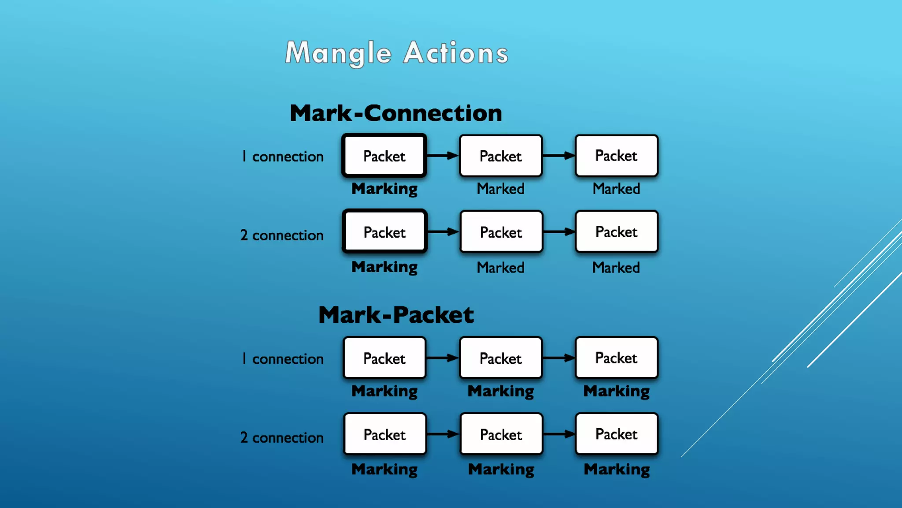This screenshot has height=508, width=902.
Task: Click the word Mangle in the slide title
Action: point(338,53)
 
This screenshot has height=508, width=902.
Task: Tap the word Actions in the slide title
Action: point(456,53)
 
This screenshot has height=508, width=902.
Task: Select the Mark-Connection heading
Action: point(396,113)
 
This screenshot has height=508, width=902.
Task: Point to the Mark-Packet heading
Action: point(396,315)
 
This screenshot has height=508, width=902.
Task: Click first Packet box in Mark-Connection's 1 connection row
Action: point(384,156)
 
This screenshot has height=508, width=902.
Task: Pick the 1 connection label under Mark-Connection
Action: point(282,157)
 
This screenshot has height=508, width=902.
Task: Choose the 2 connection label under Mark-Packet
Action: point(282,437)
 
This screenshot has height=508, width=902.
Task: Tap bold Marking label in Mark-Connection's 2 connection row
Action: point(384,267)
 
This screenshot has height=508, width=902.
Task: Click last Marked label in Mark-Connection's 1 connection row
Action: point(616,189)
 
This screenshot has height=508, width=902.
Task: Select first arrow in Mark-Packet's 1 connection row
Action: point(443,358)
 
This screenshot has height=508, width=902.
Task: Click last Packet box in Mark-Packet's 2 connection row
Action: point(617,434)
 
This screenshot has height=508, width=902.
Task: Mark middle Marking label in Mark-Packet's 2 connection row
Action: point(501,470)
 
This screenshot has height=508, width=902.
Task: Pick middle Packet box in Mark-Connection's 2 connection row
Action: point(501,232)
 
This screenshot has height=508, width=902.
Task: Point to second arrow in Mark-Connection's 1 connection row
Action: point(559,155)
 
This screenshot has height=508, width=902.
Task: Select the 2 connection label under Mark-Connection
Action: point(282,235)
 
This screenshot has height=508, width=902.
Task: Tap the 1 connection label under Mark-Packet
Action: point(282,359)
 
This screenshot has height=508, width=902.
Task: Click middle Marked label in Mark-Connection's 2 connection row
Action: point(501,268)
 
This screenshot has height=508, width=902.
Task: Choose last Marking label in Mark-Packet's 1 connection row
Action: point(617,391)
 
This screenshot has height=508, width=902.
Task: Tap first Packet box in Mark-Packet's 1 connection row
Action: point(384,358)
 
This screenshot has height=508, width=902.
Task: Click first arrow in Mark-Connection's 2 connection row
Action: point(443,232)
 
